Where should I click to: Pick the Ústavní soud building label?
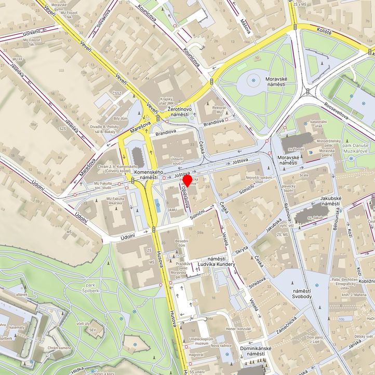pos(177,160)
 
